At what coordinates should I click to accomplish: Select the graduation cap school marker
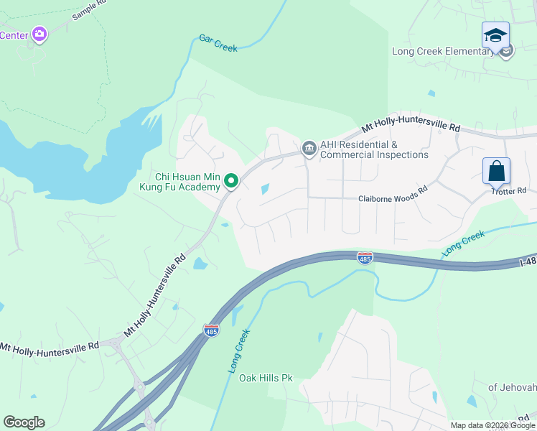(x=495, y=35)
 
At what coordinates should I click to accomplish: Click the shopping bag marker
(x=496, y=172)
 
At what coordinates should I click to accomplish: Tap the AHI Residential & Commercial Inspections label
(x=374, y=149)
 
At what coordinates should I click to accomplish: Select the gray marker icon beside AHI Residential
(x=309, y=149)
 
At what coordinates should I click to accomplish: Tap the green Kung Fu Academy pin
(x=231, y=181)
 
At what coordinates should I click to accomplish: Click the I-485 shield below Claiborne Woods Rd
(x=365, y=258)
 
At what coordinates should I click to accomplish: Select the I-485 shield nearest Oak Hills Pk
(x=210, y=330)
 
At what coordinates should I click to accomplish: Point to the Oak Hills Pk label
(x=266, y=378)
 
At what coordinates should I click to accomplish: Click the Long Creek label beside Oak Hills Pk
(x=238, y=351)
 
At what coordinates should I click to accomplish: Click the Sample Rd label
(x=90, y=6)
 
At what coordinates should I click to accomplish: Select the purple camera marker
(x=39, y=34)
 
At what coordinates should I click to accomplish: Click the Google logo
(x=24, y=422)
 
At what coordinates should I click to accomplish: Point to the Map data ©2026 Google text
(x=493, y=425)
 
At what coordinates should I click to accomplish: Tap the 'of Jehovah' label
(x=512, y=387)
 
